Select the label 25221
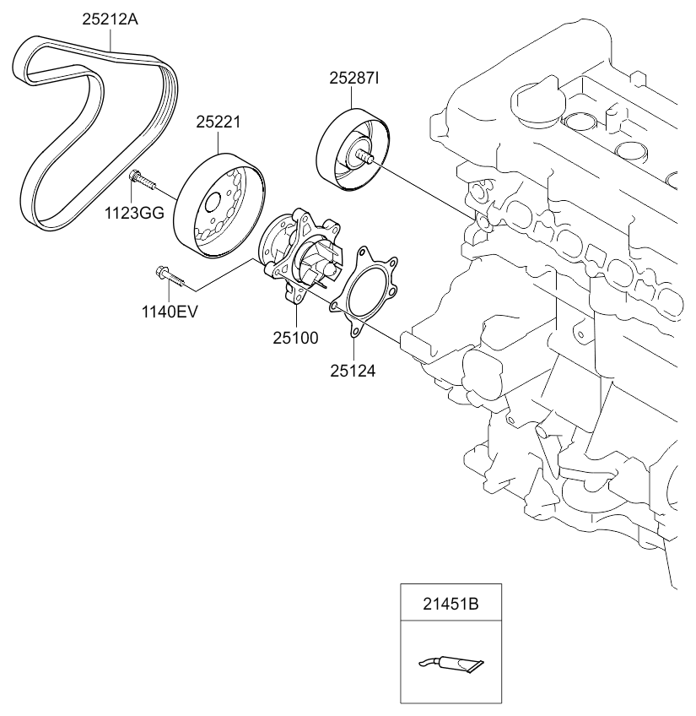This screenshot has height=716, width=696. [219, 122]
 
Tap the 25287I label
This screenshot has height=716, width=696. [354, 79]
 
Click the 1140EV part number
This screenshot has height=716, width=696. [170, 312]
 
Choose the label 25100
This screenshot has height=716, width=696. [294, 339]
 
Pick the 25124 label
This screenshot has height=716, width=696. [353, 369]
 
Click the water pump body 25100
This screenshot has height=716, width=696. [299, 253]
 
